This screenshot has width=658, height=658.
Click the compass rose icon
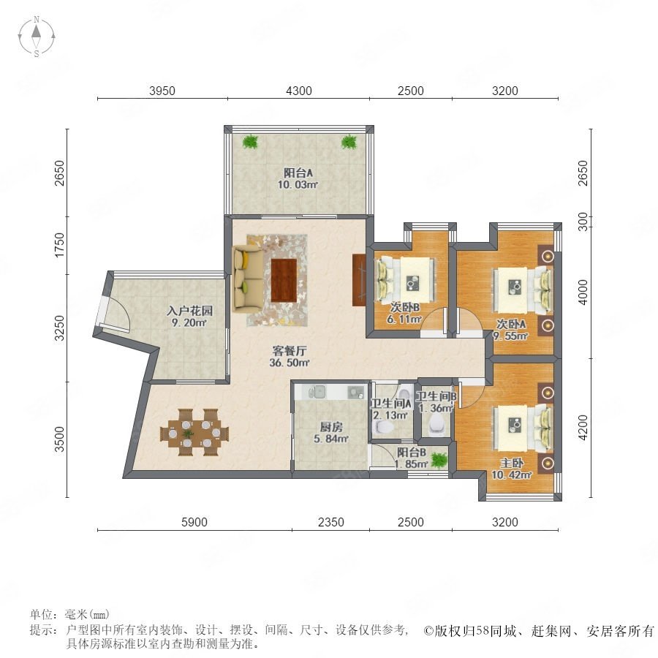[37, 37]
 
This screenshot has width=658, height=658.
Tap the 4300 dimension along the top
[299, 91]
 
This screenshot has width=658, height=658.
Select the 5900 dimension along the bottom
[194, 522]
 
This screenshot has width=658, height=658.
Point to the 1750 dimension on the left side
[61, 245]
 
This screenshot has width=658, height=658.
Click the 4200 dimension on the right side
[583, 428]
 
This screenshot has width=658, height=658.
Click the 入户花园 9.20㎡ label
[189, 317]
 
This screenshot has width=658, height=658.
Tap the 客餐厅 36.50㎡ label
[290, 356]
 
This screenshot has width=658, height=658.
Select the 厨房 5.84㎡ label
[331, 433]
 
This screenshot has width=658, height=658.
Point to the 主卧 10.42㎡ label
[512, 469]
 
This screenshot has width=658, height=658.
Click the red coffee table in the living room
[284, 280]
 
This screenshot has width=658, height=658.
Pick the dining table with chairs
[194, 432]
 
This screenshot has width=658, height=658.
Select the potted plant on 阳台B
[439, 460]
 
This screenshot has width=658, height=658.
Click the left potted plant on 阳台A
[250, 141]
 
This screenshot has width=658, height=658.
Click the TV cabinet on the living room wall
[359, 279]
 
